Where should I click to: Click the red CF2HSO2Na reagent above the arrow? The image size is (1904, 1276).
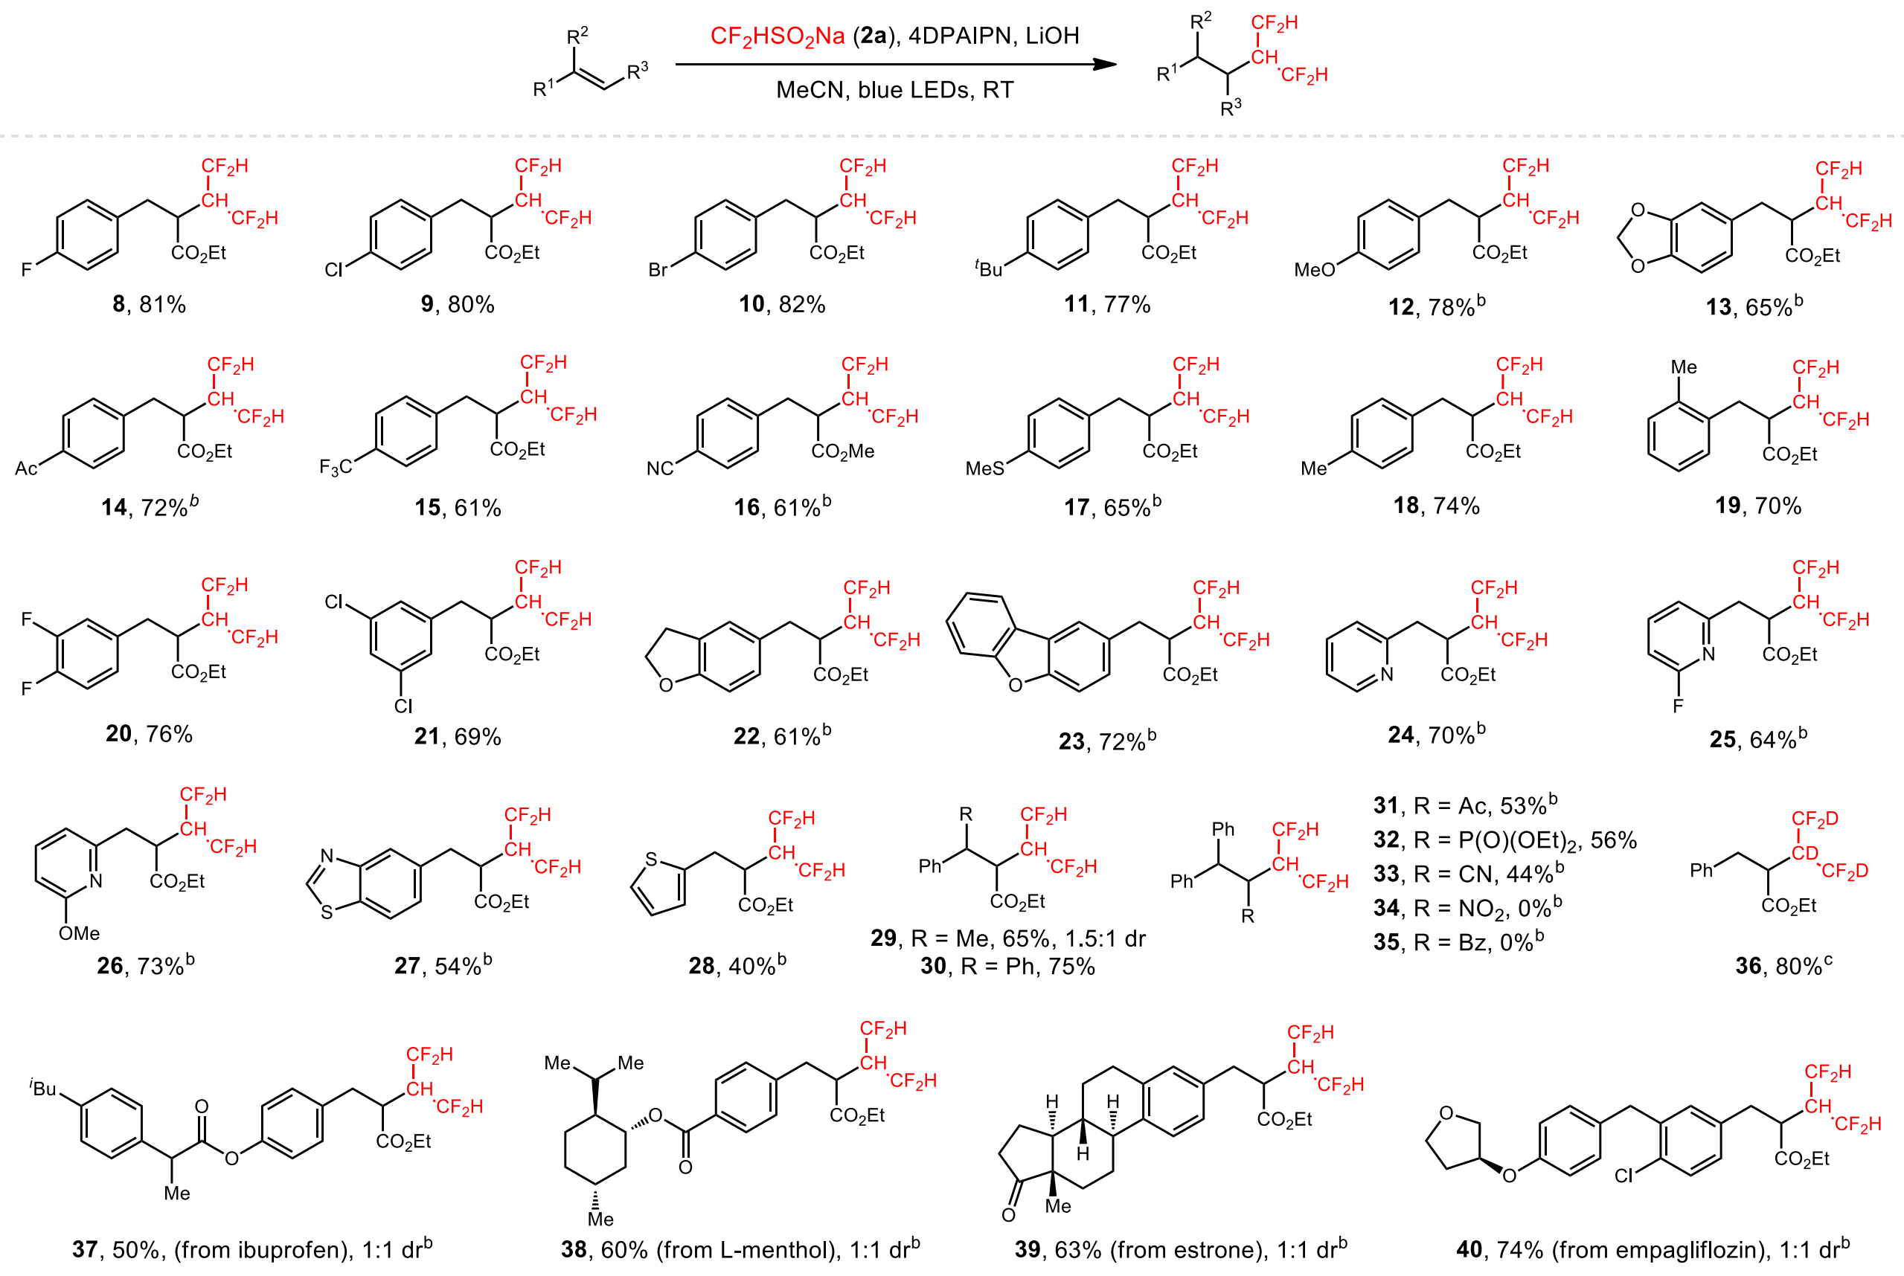click(x=777, y=36)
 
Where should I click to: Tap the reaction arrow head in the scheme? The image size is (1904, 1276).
click(x=1105, y=64)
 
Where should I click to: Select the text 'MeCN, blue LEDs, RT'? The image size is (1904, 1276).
click(x=894, y=89)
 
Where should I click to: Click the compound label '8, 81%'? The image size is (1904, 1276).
click(x=149, y=304)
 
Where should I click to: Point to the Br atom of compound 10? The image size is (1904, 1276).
click(x=658, y=270)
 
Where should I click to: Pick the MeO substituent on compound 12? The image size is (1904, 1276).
click(x=1314, y=270)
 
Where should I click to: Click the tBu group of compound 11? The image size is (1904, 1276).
click(x=989, y=268)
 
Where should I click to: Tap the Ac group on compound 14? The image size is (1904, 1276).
click(x=26, y=468)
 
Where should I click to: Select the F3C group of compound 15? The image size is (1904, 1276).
click(x=336, y=467)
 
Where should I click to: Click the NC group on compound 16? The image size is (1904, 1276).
click(x=659, y=468)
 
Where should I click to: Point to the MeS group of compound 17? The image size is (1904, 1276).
click(x=984, y=468)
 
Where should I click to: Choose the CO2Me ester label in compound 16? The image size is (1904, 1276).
click(x=842, y=451)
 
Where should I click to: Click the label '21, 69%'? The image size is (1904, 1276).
click(x=458, y=736)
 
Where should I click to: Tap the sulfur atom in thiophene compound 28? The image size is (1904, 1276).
click(x=650, y=860)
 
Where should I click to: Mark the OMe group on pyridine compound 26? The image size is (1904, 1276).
click(x=79, y=933)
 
